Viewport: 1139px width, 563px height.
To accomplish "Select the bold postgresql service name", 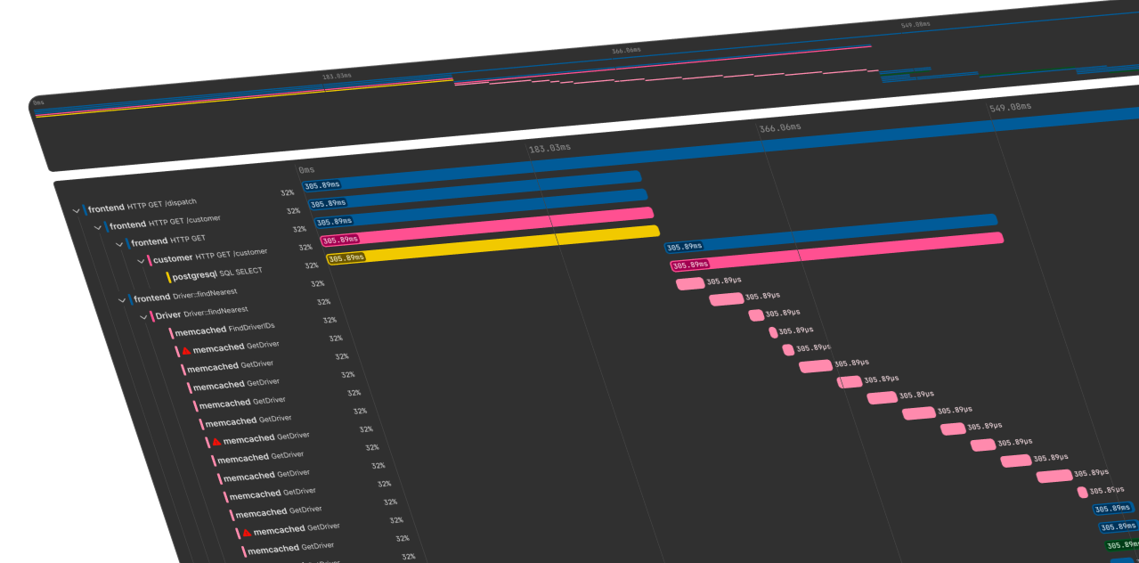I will [194, 275].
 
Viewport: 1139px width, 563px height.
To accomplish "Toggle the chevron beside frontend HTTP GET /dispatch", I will [76, 211].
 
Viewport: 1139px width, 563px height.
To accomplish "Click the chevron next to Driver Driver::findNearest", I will [143, 317].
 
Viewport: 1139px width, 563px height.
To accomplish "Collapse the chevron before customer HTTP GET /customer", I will [141, 261].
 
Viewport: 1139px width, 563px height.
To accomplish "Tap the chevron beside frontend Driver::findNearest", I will [122, 300].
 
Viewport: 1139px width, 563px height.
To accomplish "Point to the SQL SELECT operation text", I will [240, 272].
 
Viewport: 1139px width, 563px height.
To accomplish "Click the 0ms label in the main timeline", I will [306, 169].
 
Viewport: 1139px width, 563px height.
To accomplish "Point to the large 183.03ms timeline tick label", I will [549, 148].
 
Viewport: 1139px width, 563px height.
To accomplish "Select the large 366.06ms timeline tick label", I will [779, 127].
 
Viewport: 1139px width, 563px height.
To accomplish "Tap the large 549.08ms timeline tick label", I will [1010, 107].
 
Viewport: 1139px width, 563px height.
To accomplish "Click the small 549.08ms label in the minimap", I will [915, 24].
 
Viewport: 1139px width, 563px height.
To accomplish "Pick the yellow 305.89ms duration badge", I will [346, 258].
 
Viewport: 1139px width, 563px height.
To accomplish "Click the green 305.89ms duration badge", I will [1121, 545].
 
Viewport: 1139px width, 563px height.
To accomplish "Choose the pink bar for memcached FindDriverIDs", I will [689, 284].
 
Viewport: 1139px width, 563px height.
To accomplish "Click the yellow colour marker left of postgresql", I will [167, 278].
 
